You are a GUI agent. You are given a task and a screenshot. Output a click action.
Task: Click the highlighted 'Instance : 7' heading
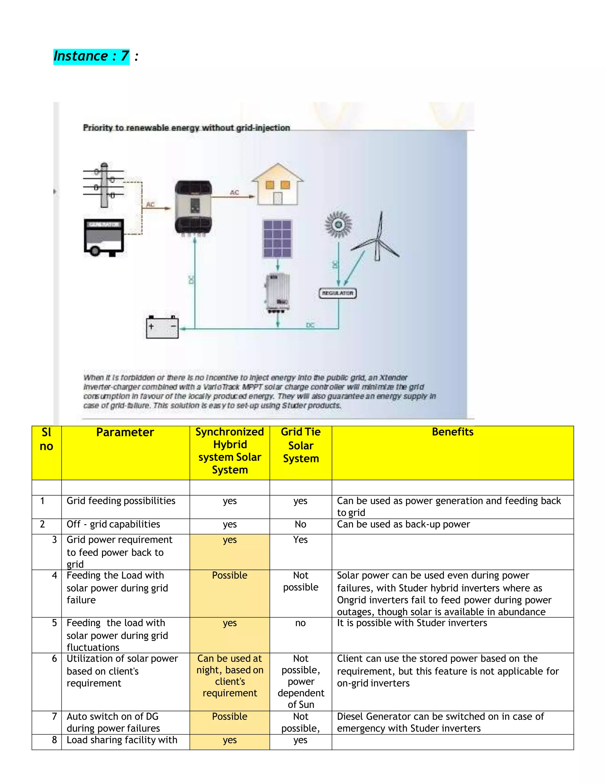pos(91,56)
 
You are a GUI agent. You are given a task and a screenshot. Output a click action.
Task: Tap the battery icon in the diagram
pos(162,327)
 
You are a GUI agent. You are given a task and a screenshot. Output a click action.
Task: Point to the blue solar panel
pos(277,239)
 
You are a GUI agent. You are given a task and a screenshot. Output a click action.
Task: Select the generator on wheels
pos(104,237)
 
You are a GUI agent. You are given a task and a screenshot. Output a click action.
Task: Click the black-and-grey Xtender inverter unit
pos(193,207)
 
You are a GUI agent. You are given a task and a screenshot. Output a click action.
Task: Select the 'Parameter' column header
pos(125,432)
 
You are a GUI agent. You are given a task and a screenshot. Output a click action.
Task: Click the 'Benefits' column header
pos(452,432)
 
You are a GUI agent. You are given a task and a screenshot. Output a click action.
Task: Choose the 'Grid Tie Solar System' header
pos(301,445)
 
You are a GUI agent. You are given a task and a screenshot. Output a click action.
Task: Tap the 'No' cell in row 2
pos(301,525)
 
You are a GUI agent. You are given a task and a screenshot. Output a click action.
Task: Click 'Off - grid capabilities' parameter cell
pos(113,525)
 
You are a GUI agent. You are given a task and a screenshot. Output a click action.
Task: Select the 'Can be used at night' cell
pos(230,676)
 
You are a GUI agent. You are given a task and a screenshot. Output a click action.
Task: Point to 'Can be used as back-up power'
pos(403,525)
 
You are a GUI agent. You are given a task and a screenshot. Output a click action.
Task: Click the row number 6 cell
pos(54,659)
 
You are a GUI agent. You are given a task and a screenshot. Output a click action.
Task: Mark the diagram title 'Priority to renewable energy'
pos(186,128)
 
